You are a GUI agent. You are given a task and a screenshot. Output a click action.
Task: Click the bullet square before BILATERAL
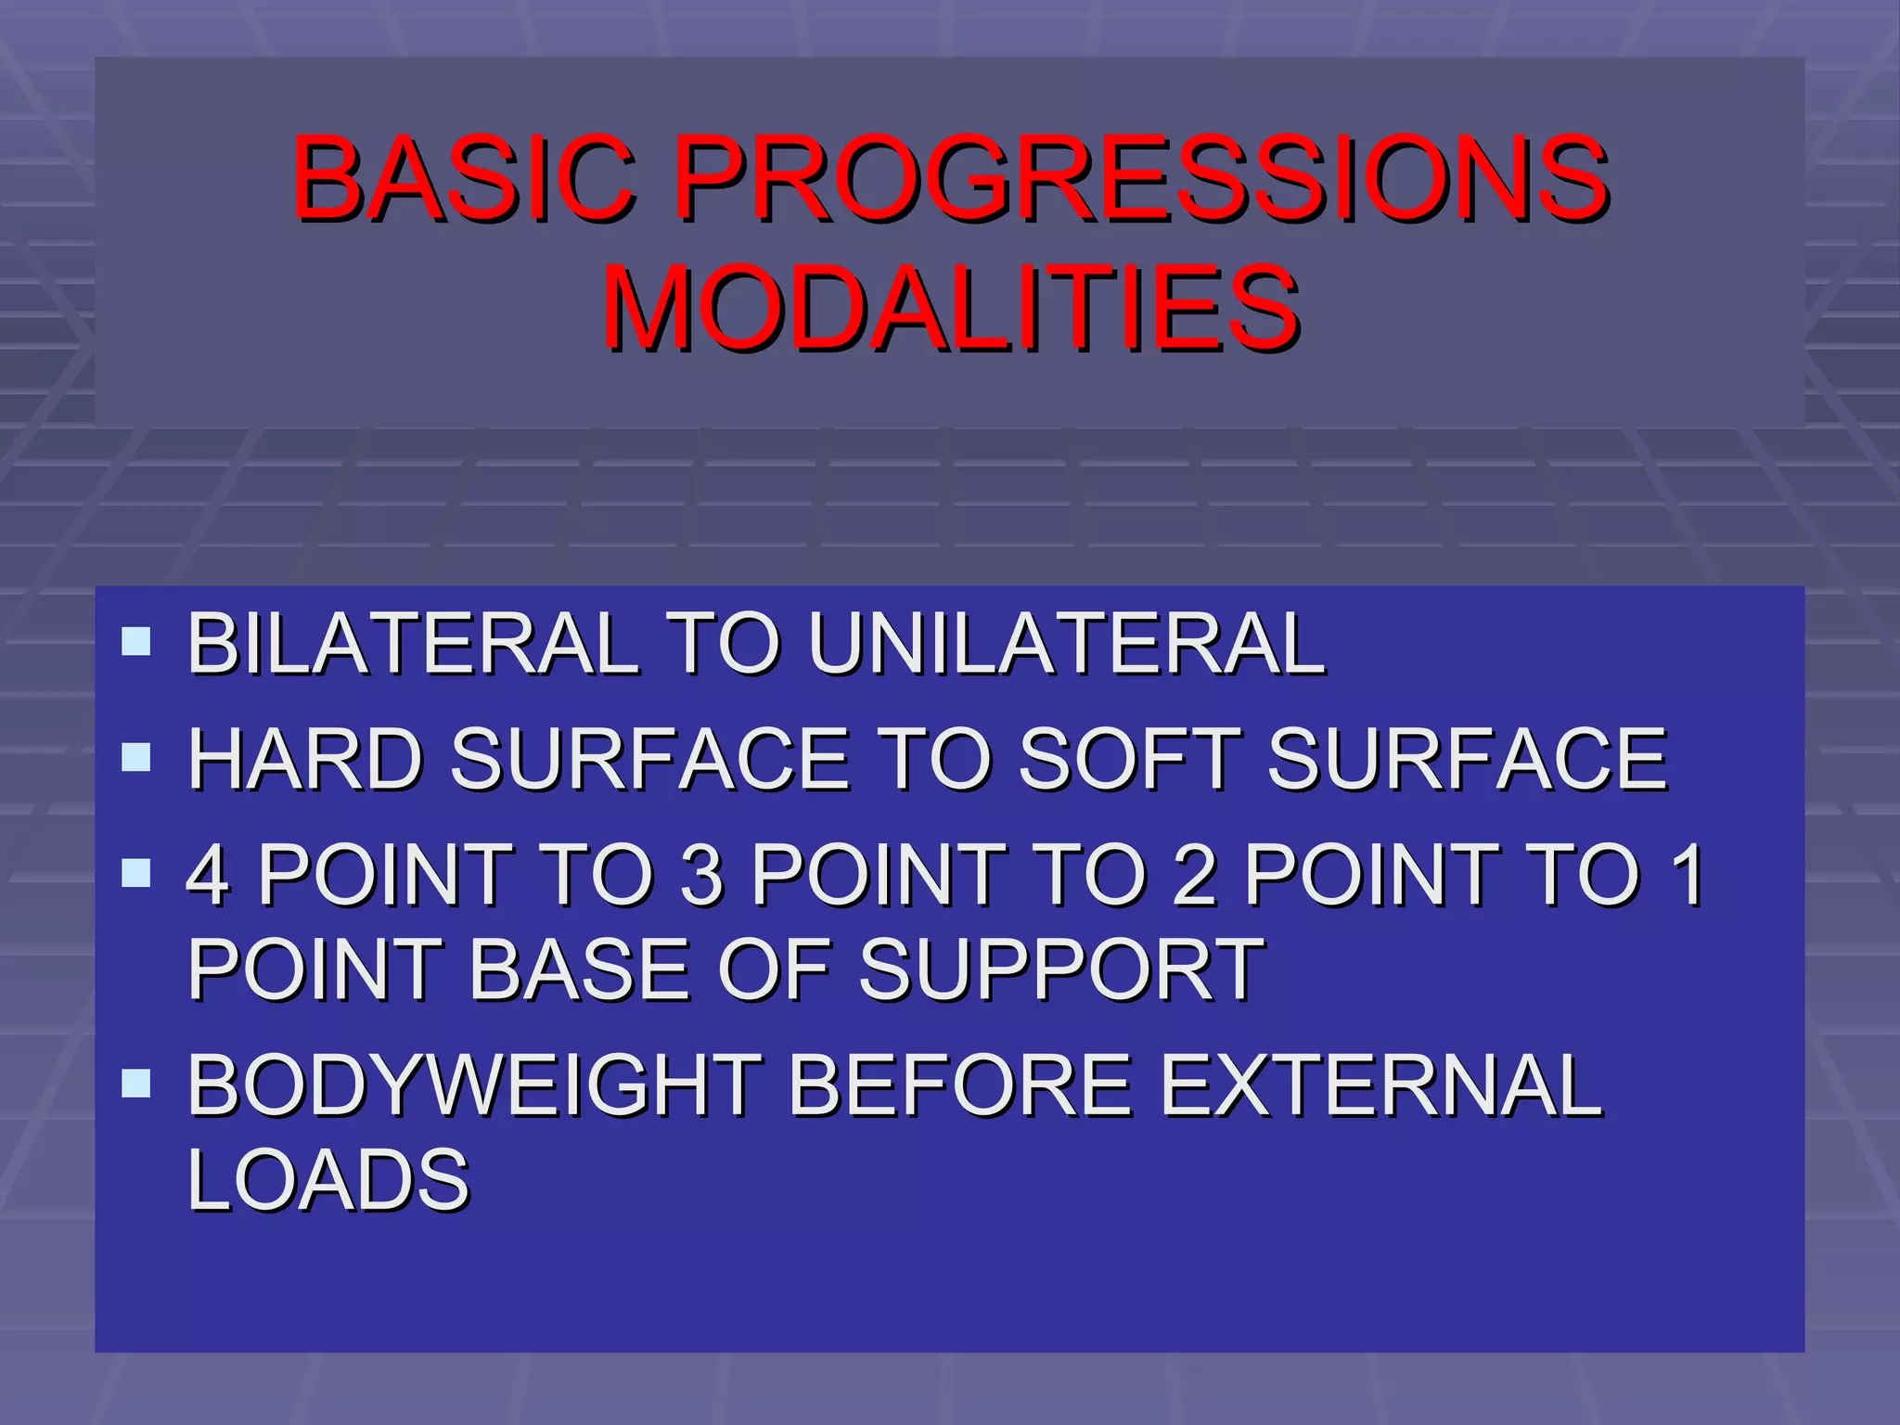click(x=136, y=641)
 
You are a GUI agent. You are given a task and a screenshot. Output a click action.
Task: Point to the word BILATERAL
click(x=413, y=643)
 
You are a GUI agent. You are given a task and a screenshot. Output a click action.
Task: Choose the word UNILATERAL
click(x=1067, y=643)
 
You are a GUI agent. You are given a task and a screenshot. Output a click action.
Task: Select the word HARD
click(x=306, y=759)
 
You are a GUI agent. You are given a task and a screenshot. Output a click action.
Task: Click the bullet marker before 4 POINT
click(x=136, y=872)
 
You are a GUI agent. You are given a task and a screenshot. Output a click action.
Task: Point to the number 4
click(x=208, y=875)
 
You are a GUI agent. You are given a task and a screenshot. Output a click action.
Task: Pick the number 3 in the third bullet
click(x=701, y=875)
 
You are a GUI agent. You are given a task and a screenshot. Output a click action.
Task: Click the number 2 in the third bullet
click(x=1195, y=875)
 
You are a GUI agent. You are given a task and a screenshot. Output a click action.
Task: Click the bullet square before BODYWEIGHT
click(x=136, y=1083)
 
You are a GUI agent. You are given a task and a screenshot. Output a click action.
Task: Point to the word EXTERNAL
click(x=1382, y=1085)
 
